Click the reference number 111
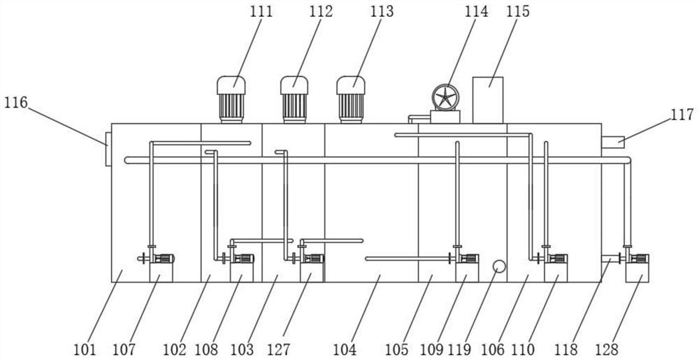pos(261,12)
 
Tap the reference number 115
pos(518,12)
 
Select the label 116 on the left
pos(16,103)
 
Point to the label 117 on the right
pos(682,115)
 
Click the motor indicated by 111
pos(231,99)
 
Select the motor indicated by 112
pos(294,99)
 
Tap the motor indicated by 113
pos(351,99)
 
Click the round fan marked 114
pos(445,98)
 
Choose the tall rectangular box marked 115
pos(488,100)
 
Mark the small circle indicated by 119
pos(499,266)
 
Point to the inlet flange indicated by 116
pos(108,149)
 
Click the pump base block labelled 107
pos(161,272)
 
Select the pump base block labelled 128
pos(637,272)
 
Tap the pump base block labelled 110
pos(556,272)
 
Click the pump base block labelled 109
pos(467,272)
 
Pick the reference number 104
pos(345,350)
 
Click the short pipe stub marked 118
pos(610,259)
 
